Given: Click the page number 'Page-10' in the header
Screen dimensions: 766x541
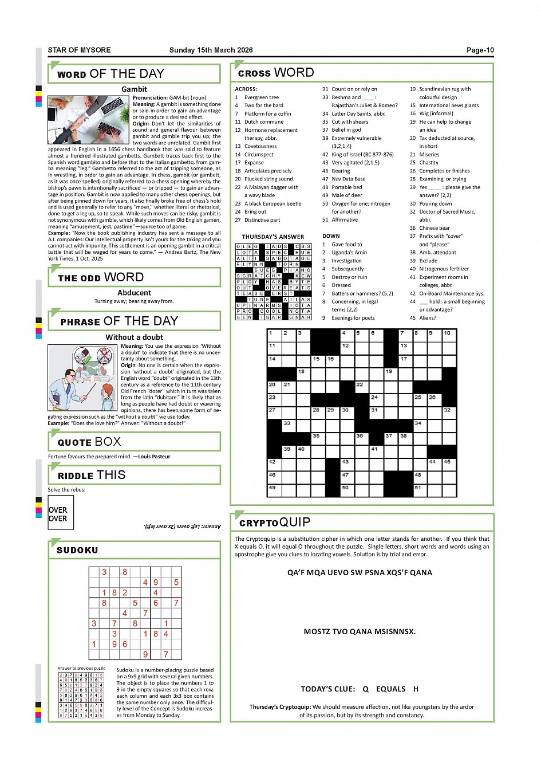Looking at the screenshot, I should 480,50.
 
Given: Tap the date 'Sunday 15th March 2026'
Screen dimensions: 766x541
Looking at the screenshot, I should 211,50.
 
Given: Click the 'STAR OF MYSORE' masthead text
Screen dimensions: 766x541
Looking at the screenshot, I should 80,50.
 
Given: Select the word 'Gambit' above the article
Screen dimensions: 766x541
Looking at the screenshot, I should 134,89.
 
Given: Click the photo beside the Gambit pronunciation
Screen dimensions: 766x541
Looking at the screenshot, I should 89,119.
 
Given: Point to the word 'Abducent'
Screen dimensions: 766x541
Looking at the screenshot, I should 134,293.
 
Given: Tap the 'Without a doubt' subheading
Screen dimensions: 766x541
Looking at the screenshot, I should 134,337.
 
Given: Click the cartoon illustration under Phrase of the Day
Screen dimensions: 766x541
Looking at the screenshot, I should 83,378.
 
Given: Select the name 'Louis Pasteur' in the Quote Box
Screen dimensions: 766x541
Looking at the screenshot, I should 154,457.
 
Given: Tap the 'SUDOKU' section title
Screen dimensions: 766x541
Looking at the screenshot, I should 77,550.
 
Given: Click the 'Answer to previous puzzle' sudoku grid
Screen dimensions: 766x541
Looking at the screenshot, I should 81,695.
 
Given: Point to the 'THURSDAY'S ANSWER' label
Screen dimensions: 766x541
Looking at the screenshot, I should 273,237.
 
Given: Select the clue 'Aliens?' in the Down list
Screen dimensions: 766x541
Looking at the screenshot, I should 428,318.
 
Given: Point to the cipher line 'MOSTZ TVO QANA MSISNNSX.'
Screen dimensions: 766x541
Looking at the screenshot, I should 360,632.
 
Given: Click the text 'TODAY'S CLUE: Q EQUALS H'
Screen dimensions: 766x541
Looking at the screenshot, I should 360,689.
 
